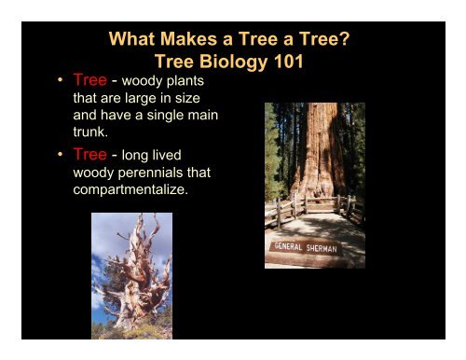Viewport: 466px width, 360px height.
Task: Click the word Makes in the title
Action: (x=187, y=40)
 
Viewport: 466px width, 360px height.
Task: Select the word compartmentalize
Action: (x=133, y=190)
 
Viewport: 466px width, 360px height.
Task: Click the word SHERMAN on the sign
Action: (x=319, y=249)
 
